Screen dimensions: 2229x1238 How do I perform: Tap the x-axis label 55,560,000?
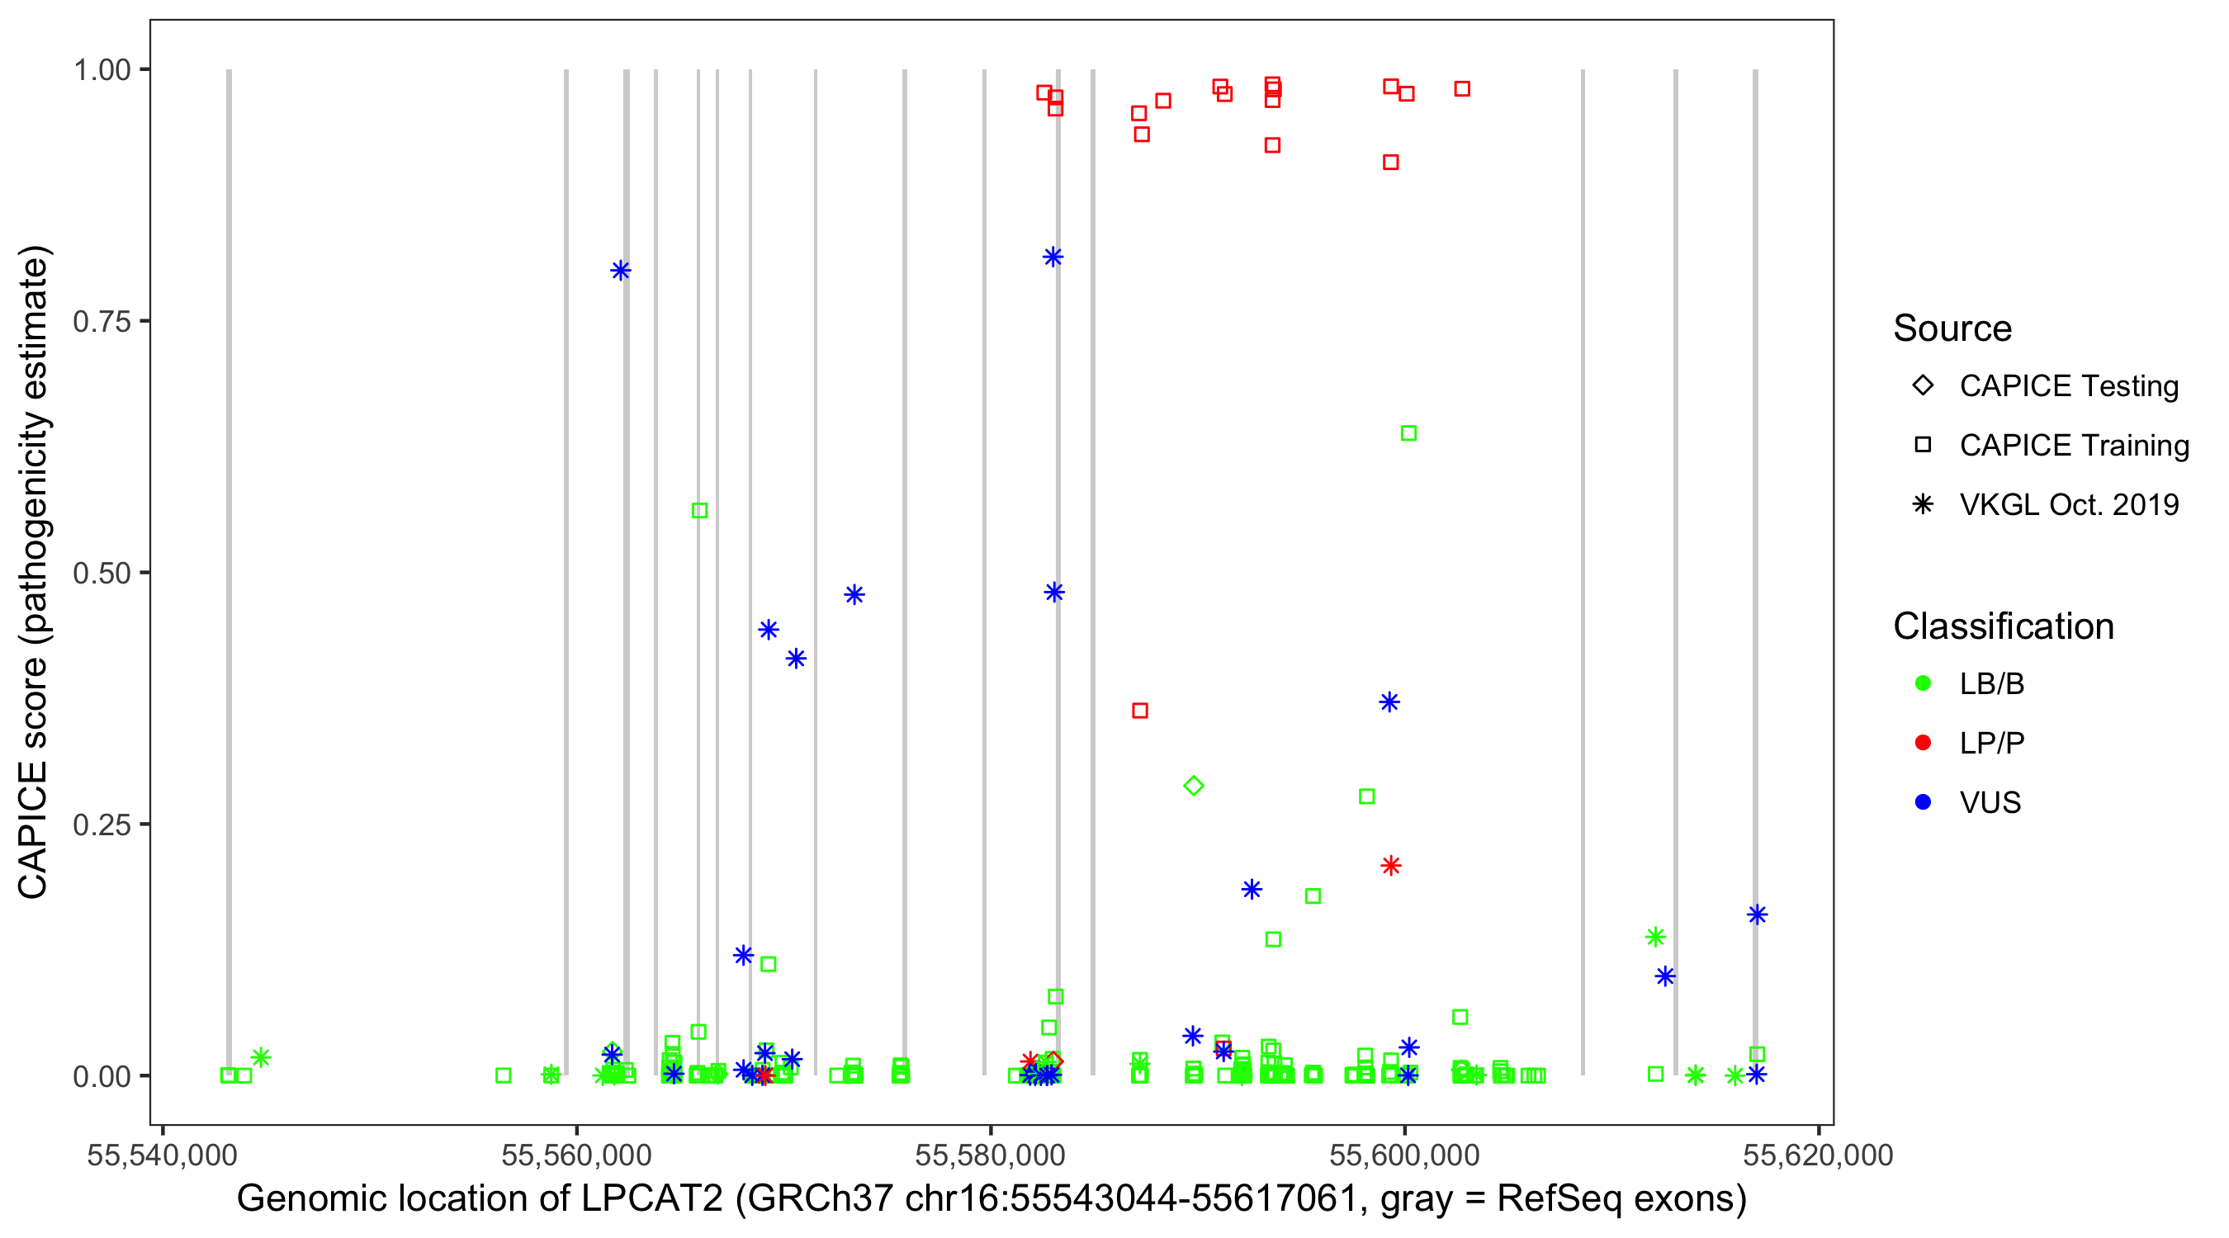click(576, 1155)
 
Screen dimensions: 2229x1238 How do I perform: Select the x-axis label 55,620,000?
click(1818, 1155)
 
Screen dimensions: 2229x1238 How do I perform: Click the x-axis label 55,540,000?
click(162, 1155)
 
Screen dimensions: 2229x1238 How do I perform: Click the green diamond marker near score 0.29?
click(1193, 786)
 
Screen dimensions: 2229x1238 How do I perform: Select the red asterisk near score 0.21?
click(1390, 865)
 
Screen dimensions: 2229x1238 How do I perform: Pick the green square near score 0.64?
click(1408, 432)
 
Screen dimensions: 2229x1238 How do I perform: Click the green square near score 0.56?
click(699, 510)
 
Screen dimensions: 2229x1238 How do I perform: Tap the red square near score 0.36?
click(1140, 711)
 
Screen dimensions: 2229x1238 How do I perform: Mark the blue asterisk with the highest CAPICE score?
click(1053, 257)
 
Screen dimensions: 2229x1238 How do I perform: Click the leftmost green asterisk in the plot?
click(262, 1057)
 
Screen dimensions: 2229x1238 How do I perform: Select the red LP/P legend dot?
click(1924, 743)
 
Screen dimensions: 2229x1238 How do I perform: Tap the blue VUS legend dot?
click(1924, 802)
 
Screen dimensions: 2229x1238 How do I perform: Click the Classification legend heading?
click(2003, 626)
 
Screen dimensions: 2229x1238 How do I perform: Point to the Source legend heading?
click(1952, 328)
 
